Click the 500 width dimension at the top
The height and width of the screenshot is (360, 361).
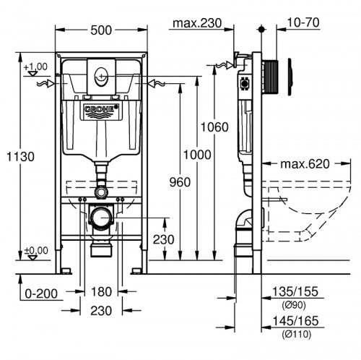tap(101, 30)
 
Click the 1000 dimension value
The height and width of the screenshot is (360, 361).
tap(196, 155)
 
